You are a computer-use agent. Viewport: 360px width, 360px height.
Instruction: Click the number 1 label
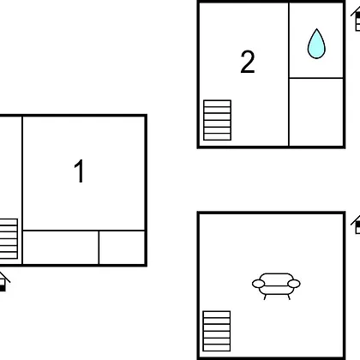pos(79,171)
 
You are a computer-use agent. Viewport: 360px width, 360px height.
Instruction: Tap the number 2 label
pos(248,62)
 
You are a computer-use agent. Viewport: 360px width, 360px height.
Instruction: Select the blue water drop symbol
pos(316,44)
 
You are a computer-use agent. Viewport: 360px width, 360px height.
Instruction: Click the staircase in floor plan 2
pos(217,120)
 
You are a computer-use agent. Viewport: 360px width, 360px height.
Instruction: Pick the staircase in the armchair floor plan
pos(217,331)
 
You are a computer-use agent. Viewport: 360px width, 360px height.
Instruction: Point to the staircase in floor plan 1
pos(9,239)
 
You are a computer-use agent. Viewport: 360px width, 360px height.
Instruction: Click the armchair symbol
pos(276,286)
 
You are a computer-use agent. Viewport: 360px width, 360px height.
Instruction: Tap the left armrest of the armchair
pos(258,284)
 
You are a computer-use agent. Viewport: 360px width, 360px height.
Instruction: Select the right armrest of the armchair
pos(294,284)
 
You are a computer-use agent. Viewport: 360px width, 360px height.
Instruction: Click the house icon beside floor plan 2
pos(356,20)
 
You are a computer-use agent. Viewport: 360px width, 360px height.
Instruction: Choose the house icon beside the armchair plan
pos(356,225)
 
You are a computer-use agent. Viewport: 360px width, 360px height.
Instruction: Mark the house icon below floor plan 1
pos(4,282)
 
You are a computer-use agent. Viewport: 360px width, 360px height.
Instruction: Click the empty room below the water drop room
pos(316,111)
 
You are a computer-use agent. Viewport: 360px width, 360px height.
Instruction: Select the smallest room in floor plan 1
pos(122,248)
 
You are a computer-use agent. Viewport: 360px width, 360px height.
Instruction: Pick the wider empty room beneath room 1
pos(61,248)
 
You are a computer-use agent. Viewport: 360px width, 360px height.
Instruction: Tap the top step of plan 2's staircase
pos(217,104)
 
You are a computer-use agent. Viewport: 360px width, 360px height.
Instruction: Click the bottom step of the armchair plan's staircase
pos(217,348)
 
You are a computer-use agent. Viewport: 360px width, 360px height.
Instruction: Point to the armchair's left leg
pos(265,297)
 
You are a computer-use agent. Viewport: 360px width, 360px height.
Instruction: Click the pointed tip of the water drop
pos(316,29)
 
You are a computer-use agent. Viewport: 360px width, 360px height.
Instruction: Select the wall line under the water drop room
pos(316,78)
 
